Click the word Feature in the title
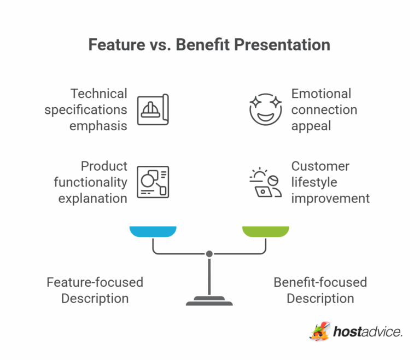pyautogui.click(x=115, y=44)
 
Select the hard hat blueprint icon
pyautogui.click(x=153, y=110)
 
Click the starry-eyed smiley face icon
pyautogui.click(x=265, y=109)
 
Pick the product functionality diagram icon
pyautogui.click(x=153, y=182)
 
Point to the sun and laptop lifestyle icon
pyautogui.click(x=265, y=183)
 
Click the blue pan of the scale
pyautogui.click(x=153, y=231)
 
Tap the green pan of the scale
pyautogui.click(x=265, y=231)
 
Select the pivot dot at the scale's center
pyautogui.click(x=209, y=254)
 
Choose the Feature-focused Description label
pyautogui.click(x=95, y=291)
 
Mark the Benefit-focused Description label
pyautogui.click(x=320, y=291)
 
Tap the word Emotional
pyautogui.click(x=321, y=94)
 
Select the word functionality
pyautogui.click(x=91, y=182)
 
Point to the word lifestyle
pyautogui.click(x=314, y=182)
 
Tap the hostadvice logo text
pyautogui.click(x=367, y=332)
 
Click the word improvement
pyautogui.click(x=330, y=198)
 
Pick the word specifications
pyautogui.click(x=86, y=109)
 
